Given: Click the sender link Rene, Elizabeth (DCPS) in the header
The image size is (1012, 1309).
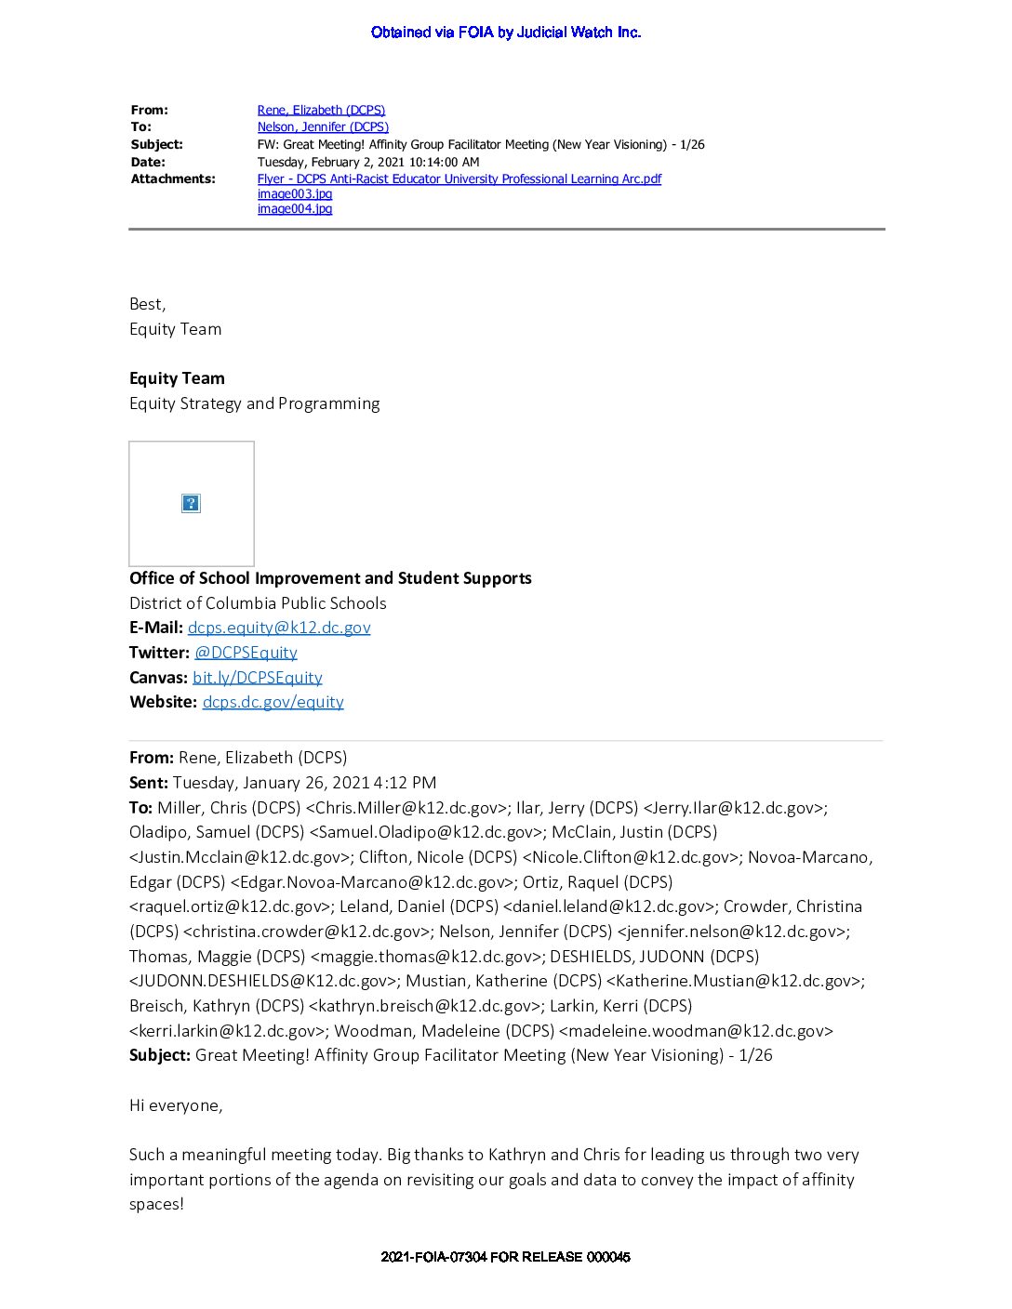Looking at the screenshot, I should (x=321, y=110).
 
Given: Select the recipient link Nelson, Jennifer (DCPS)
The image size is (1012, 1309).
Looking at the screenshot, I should (x=323, y=126).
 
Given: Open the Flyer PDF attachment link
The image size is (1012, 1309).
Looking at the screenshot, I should (x=459, y=178).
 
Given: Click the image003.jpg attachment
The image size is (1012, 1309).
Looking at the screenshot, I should (x=294, y=194).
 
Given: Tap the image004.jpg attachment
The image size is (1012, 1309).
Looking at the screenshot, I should (x=294, y=209).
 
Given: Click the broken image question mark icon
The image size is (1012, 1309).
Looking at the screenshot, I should (x=191, y=504).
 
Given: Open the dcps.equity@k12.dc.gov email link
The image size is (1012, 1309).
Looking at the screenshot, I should (x=279, y=628).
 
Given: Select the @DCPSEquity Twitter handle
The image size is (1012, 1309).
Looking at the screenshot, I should (x=246, y=653).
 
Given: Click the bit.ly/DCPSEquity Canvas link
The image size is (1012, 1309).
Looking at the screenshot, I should (x=257, y=678).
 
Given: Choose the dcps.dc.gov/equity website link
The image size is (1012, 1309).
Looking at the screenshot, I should (x=273, y=702).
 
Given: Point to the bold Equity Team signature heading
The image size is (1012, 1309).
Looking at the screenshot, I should (x=177, y=378).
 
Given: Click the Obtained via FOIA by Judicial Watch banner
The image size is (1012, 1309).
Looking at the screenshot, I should (x=505, y=33).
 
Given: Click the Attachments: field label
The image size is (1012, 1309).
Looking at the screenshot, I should (x=173, y=178).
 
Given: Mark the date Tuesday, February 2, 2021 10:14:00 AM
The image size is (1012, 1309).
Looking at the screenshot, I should (x=368, y=162).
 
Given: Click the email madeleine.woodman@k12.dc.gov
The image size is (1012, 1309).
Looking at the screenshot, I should (x=696, y=1031).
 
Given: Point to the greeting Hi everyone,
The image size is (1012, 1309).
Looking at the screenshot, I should (x=176, y=1105).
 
